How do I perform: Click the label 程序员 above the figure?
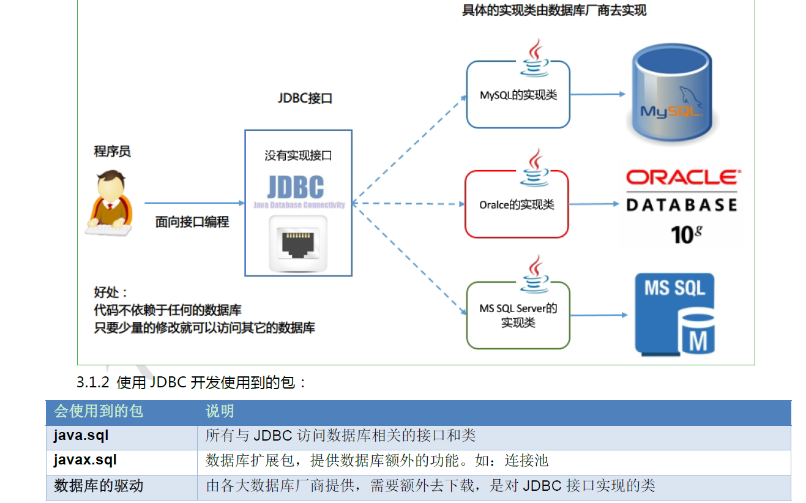pos(112,151)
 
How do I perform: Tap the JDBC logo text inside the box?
pos(296,187)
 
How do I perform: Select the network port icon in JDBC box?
pos(297,244)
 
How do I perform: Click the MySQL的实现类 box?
pos(518,95)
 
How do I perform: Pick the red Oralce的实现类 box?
pos(517,204)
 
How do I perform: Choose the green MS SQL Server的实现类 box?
pos(518,315)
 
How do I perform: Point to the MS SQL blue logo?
pos(674,314)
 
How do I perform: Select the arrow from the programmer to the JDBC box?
pos(194,203)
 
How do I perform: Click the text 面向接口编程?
pos(192,222)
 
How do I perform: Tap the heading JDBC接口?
pos(305,98)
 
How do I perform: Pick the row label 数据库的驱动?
pos(99,486)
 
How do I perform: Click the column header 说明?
pos(220,411)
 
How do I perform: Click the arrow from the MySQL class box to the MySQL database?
pos(597,94)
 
